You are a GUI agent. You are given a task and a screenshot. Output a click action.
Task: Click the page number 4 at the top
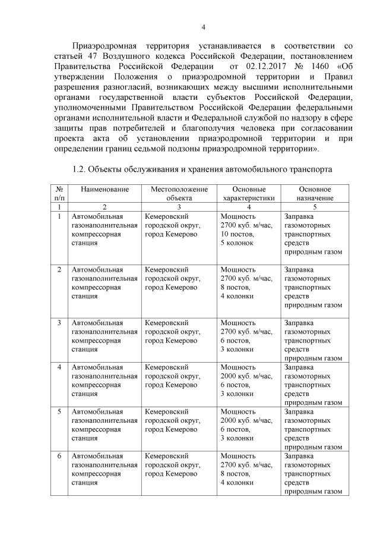point(203,27)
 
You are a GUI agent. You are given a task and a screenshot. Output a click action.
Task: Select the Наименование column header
point(104,188)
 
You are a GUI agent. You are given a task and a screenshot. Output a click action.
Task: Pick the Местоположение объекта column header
point(179,193)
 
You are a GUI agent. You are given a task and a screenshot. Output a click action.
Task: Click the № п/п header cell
point(59,193)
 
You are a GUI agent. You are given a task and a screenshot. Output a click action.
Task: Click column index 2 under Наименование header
point(104,207)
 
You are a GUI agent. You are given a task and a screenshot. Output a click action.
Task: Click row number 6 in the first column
point(59,456)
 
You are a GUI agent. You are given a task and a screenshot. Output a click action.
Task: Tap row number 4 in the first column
point(59,367)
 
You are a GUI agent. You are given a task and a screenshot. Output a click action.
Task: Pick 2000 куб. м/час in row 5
point(246,420)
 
